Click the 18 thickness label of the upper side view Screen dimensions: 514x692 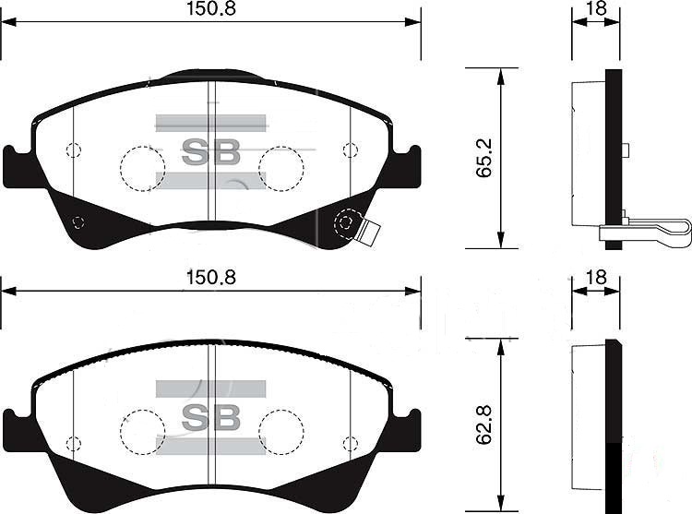coord(595,9)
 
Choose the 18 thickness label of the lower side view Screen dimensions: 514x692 coord(595,277)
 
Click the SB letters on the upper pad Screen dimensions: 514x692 coord(210,151)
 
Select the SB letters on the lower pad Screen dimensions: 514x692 coord(210,417)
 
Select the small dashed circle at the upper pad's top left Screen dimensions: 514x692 coord(74,150)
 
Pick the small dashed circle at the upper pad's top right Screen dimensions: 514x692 coord(349,150)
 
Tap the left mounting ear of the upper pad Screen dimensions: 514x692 coord(17,166)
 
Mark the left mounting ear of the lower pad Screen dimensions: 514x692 coord(17,430)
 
